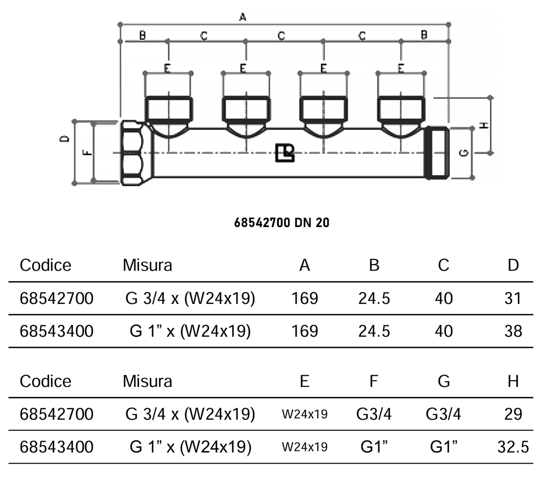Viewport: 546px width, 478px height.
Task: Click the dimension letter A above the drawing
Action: pos(243,17)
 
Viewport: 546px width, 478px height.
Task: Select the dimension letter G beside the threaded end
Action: pos(464,154)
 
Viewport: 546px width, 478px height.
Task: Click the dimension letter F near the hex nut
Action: pos(88,153)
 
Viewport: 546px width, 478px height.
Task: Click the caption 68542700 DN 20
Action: pos(281,223)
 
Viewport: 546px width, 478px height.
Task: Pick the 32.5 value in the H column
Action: pos(513,447)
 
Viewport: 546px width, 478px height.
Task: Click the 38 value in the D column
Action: pos(513,331)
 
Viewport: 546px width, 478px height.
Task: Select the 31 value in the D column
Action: pos(513,299)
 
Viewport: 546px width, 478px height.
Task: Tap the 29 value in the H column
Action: pos(513,414)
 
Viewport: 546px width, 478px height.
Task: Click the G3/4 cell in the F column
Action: pos(374,414)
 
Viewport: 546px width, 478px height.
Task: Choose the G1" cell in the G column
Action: pos(443,447)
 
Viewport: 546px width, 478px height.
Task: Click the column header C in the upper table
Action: pos(443,265)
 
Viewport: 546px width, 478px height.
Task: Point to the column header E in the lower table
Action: pos(305,381)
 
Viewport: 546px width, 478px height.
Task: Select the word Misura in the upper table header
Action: pos(148,265)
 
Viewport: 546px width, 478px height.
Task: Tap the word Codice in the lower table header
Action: pos(46,381)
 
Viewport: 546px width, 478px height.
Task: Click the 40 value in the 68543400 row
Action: pos(443,331)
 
